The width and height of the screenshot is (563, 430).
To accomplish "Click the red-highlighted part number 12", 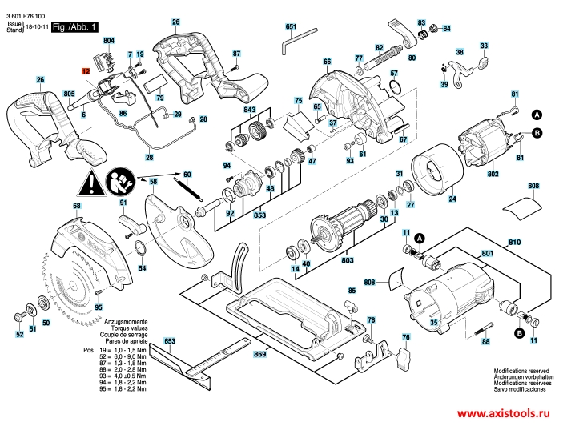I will coord(86,71).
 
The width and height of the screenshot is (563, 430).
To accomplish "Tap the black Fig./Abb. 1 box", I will coord(74,27).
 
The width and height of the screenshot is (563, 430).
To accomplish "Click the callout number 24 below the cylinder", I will coord(452,199).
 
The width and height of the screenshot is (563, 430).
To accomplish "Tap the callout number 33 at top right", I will coord(483,46).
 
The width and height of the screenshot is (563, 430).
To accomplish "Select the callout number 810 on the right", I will coord(514,241).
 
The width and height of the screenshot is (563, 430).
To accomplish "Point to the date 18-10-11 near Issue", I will coord(36,27).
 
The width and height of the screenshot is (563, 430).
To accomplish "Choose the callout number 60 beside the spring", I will coord(187,174).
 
